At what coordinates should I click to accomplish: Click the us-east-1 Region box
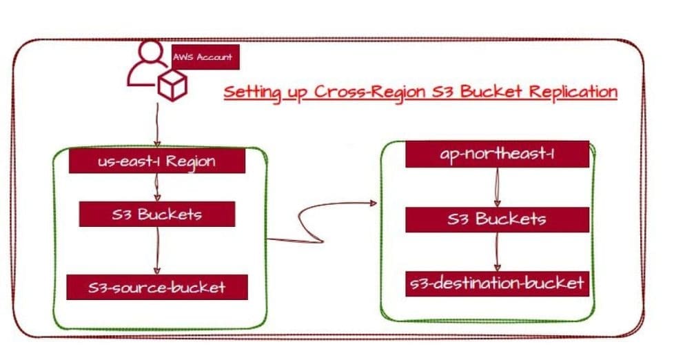coord(157,162)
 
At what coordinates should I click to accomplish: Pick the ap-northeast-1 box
coord(497,154)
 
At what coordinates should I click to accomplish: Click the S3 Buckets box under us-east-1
coord(157,214)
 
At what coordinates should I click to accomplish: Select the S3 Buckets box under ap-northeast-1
coord(497,219)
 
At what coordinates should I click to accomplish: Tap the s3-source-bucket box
coord(157,286)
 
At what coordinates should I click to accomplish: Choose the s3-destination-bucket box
coord(497,283)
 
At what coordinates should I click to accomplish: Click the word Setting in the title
coord(252,92)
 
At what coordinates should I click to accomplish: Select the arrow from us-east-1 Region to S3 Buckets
coord(158,186)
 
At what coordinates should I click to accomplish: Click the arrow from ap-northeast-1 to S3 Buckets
coord(497,186)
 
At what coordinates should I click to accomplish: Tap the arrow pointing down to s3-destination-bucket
coord(497,251)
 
